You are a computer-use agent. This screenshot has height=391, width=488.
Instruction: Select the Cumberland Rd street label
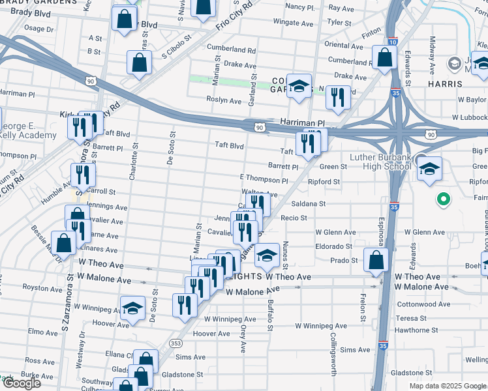231,48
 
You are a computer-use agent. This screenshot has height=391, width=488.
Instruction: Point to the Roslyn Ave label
224,100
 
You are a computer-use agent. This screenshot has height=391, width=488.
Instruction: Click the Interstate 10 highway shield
391,42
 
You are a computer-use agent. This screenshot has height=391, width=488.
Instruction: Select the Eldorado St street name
334,247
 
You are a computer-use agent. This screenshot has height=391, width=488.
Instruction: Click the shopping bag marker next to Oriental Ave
384,57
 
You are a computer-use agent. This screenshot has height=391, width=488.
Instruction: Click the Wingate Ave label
294,22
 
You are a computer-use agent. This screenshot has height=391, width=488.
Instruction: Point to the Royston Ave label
42,287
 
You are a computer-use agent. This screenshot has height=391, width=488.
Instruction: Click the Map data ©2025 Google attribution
448,386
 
